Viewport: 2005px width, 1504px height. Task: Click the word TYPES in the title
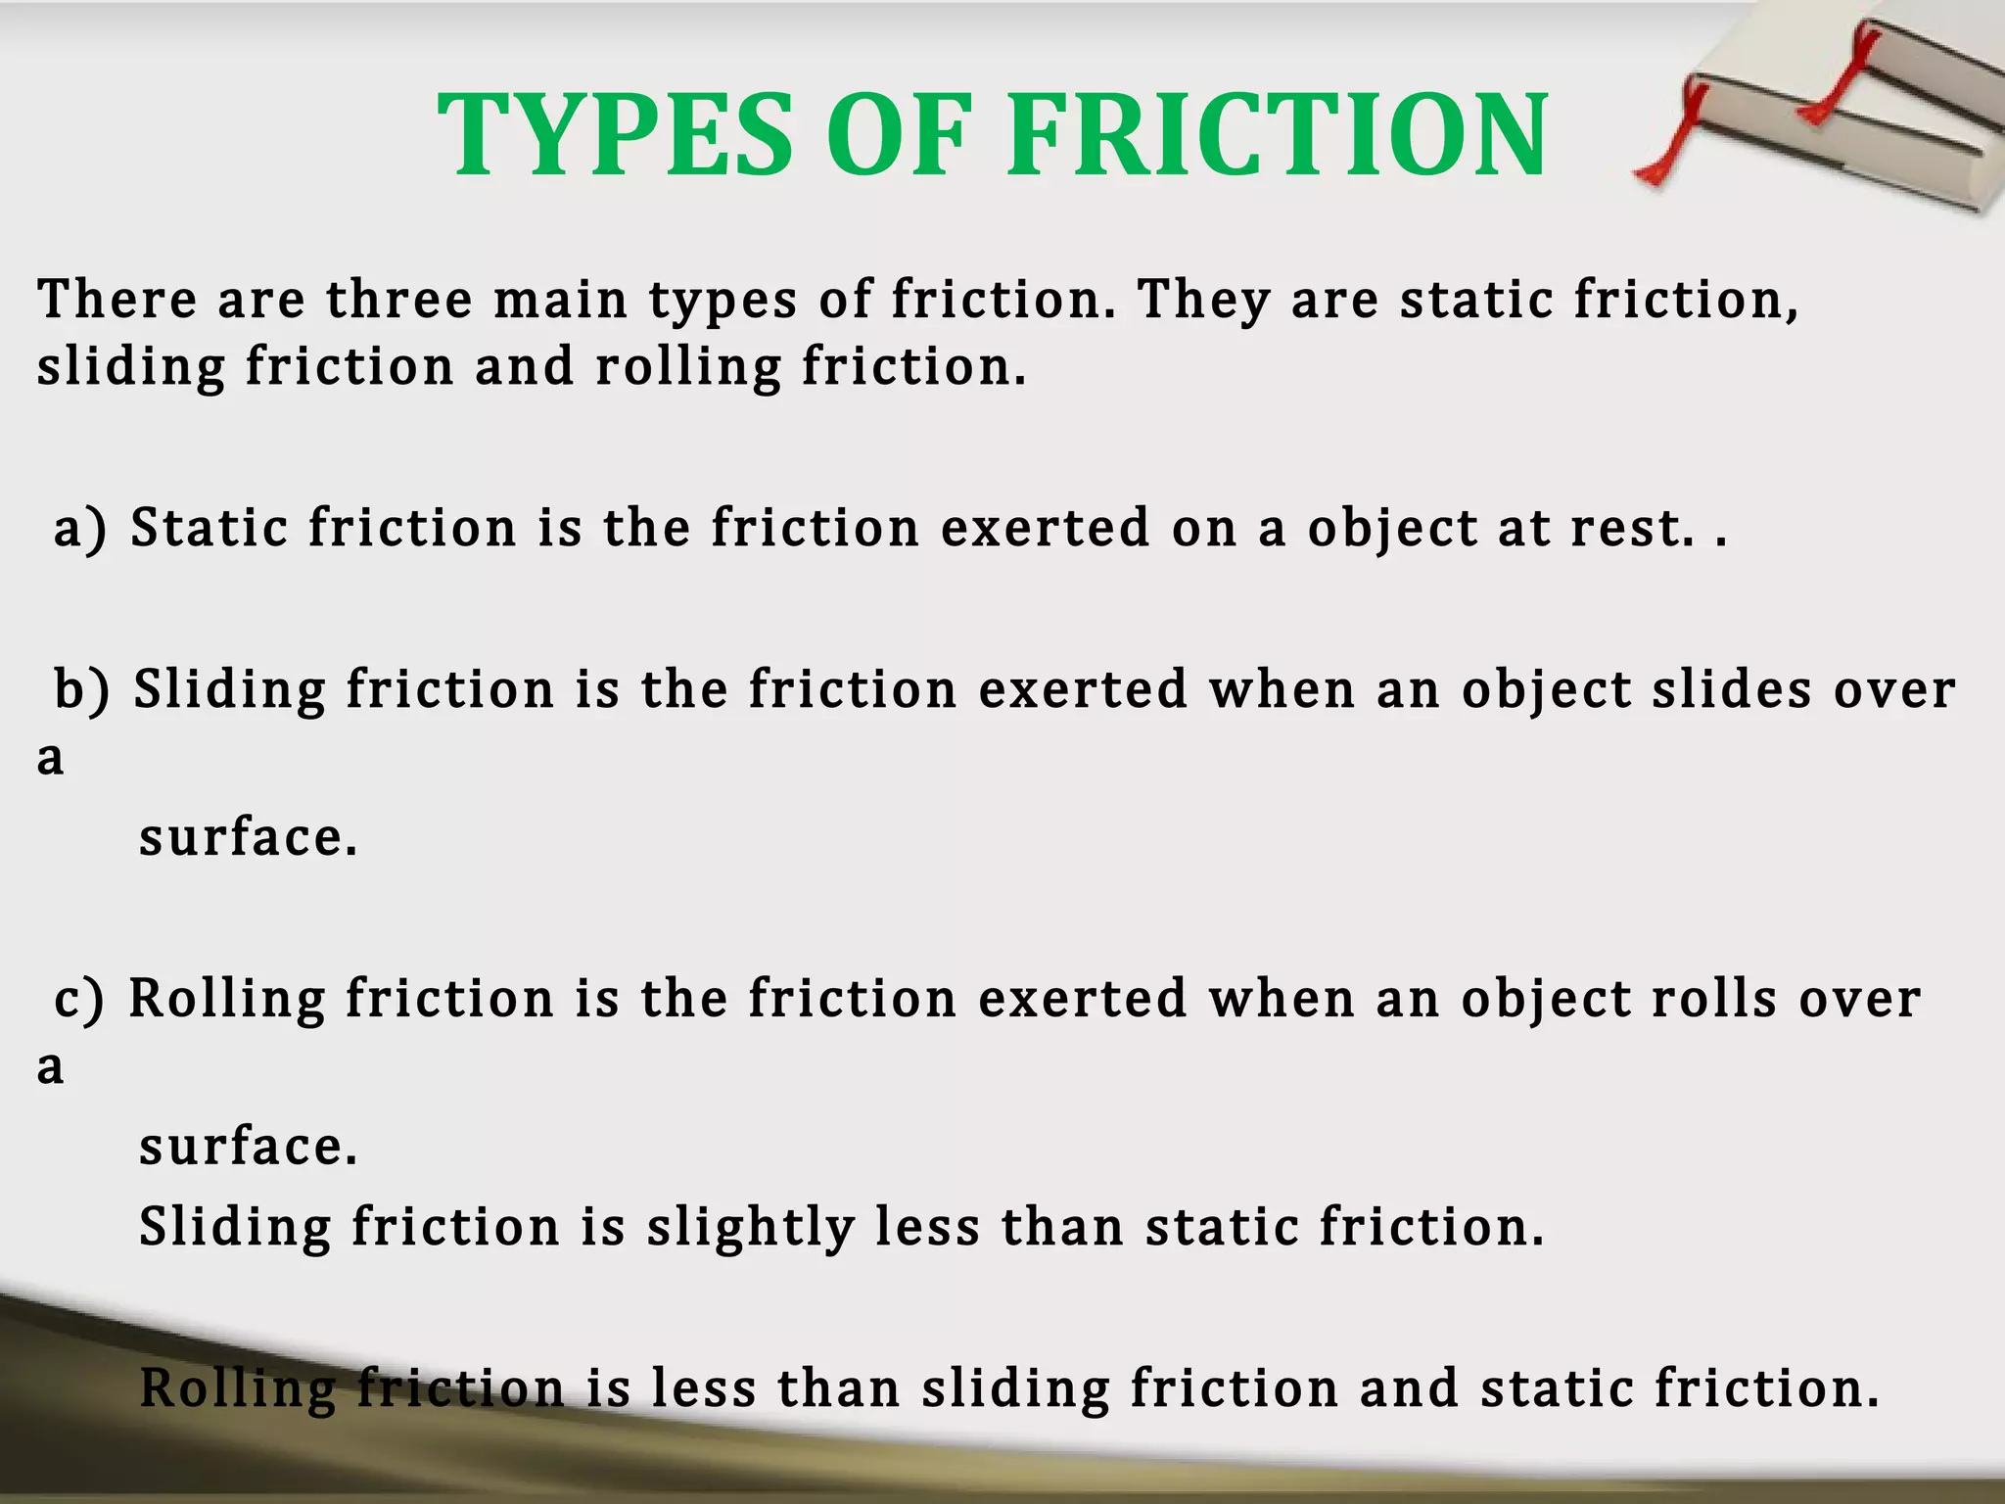[614, 135]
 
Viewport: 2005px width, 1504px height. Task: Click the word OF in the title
[899, 135]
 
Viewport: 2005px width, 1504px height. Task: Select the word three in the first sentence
[399, 299]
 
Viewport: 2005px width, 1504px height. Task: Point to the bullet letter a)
[80, 529]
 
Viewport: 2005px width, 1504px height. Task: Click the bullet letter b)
[82, 689]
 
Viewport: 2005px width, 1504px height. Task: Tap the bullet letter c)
[79, 999]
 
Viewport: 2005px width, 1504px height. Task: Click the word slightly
[750, 1228]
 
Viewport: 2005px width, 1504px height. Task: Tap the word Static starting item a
[209, 529]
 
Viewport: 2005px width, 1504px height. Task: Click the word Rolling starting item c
[226, 1001]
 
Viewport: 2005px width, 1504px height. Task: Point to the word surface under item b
[248, 838]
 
